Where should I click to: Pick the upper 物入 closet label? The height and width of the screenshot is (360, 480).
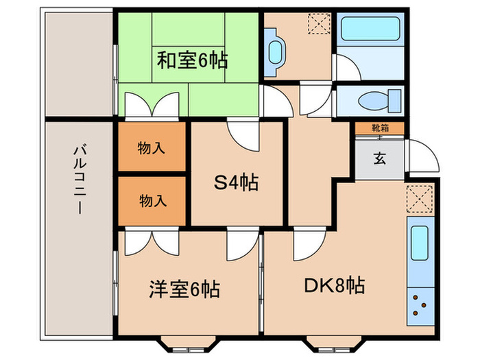[x=152, y=147]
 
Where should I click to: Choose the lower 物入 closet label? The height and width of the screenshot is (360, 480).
[x=152, y=201]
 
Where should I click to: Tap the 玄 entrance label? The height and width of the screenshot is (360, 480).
[x=379, y=159]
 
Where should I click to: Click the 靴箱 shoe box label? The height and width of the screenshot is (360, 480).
[x=379, y=128]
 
